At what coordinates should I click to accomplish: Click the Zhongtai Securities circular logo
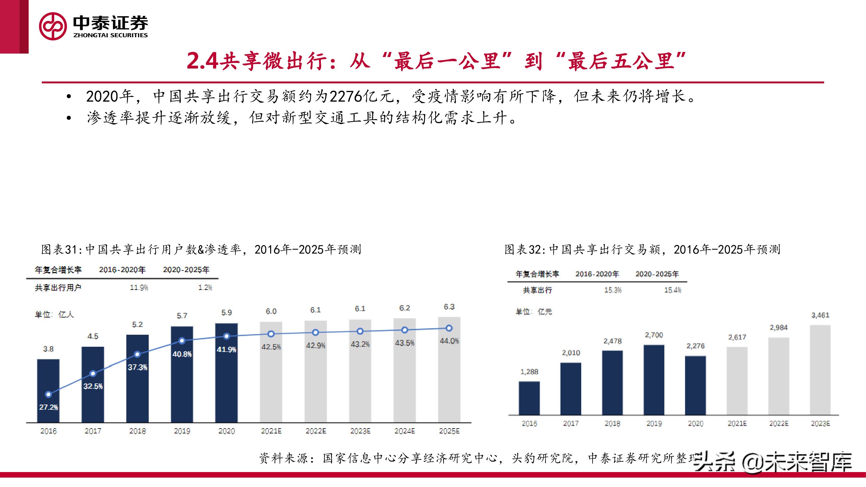point(53,26)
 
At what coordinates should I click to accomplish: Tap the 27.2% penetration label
point(48,407)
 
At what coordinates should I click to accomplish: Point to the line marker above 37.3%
point(137,354)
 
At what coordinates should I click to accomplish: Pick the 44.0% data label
point(449,341)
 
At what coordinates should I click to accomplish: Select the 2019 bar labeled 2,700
point(654,380)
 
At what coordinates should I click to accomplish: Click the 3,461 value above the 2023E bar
point(820,315)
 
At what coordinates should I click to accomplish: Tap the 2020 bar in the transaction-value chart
point(695,385)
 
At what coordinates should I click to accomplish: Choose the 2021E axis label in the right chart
point(737,423)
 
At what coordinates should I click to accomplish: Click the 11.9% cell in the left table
point(139,288)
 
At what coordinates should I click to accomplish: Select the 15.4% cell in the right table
point(672,290)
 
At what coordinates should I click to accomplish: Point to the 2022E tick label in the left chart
point(316,431)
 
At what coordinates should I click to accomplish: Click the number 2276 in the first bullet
point(346,96)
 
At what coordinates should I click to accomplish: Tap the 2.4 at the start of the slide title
point(202,61)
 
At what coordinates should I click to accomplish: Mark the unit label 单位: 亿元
point(533,312)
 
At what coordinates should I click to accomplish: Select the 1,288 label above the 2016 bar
point(529,372)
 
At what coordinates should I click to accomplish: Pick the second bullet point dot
point(69,118)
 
